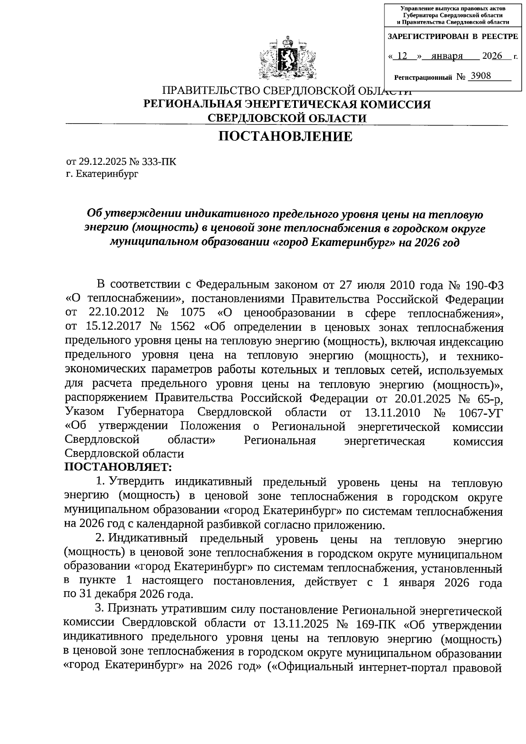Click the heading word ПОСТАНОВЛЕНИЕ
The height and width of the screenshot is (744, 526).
pos(285,136)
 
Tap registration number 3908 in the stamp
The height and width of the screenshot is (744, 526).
pos(479,76)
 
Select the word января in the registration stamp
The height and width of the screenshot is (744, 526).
pos(447,56)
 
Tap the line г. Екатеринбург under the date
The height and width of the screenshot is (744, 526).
pos(102,174)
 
